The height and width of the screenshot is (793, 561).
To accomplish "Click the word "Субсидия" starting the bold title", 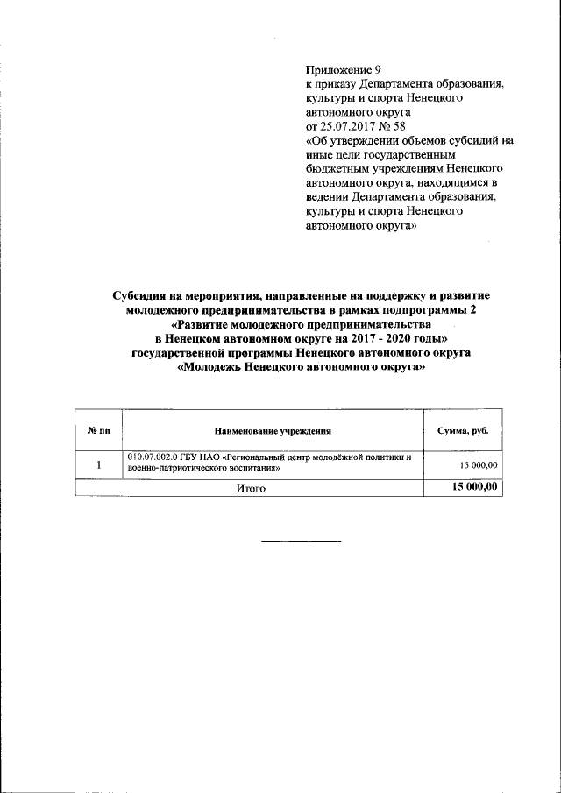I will click(x=142, y=297).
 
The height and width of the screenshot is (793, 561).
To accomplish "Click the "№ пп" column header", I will click(x=99, y=432).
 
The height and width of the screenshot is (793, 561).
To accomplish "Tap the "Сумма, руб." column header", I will click(x=463, y=432).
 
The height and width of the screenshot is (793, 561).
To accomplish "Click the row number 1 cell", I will click(x=99, y=464).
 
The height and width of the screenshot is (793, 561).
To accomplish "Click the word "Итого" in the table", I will click(x=250, y=489).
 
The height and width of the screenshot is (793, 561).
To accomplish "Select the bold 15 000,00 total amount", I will click(x=474, y=488).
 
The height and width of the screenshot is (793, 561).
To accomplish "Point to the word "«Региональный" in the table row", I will click(x=259, y=458).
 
